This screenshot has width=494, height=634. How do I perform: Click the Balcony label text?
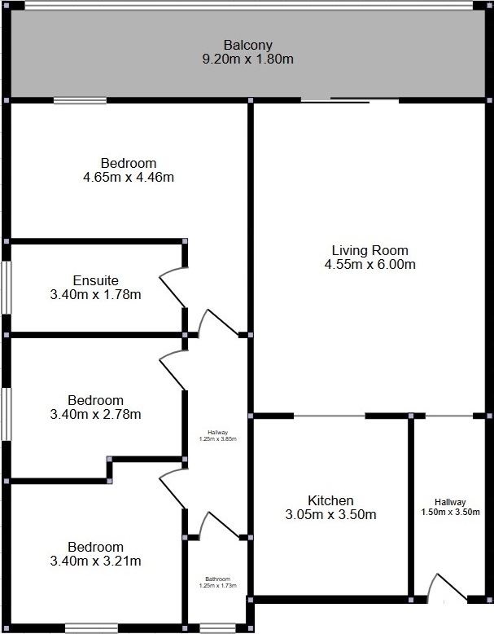pyautogui.click(x=248, y=45)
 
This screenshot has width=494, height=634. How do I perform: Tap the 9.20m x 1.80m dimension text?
pyautogui.click(x=248, y=59)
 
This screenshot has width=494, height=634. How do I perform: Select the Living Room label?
pyautogui.click(x=370, y=250)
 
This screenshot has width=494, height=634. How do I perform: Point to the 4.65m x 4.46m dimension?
pyautogui.click(x=129, y=177)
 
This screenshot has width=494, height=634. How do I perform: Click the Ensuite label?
pyautogui.click(x=96, y=280)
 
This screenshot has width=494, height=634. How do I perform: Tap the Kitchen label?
pyautogui.click(x=330, y=500)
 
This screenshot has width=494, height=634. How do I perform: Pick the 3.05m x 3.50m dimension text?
pyautogui.click(x=330, y=515)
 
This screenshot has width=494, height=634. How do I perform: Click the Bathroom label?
pyautogui.click(x=218, y=579)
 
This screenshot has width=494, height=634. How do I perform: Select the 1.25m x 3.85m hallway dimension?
pyautogui.click(x=218, y=438)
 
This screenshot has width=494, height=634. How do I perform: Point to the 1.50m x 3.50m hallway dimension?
pyautogui.click(x=450, y=513)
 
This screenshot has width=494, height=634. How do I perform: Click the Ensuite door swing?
pyautogui.click(x=173, y=288)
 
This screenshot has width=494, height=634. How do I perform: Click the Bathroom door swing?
pyautogui.click(x=219, y=526)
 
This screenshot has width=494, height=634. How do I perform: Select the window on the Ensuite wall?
pyautogui.click(x=6, y=288)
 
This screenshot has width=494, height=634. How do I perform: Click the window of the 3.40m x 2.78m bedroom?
pyautogui.click(x=6, y=414)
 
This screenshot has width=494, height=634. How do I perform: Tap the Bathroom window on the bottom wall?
pyautogui.click(x=215, y=628)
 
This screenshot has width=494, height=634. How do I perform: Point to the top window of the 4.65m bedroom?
pyautogui.click(x=80, y=100)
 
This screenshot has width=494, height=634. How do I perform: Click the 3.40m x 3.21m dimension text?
pyautogui.click(x=96, y=561)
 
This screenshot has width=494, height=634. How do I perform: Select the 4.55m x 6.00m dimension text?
pyautogui.click(x=370, y=264)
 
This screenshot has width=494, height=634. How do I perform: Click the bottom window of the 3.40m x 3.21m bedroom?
pyautogui.click(x=91, y=628)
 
